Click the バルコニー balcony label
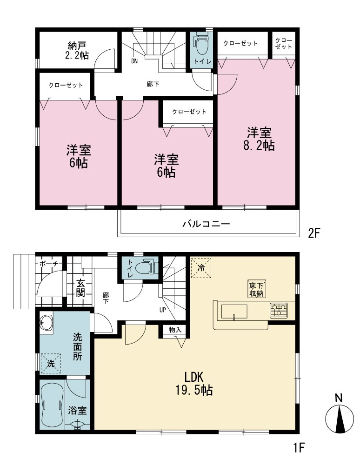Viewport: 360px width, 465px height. (206, 223)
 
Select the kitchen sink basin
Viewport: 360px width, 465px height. (234, 312)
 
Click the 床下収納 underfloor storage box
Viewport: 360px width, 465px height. (256, 289)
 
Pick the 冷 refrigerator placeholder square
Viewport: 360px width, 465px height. (201, 268)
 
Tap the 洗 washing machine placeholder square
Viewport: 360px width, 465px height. (51, 363)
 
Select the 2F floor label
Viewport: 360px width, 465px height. (314, 233)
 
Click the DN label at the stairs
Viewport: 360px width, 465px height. (134, 62)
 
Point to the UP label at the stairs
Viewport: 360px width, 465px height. (162, 310)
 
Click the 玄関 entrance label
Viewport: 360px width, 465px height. (80, 288)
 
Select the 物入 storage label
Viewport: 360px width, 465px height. (175, 330)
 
